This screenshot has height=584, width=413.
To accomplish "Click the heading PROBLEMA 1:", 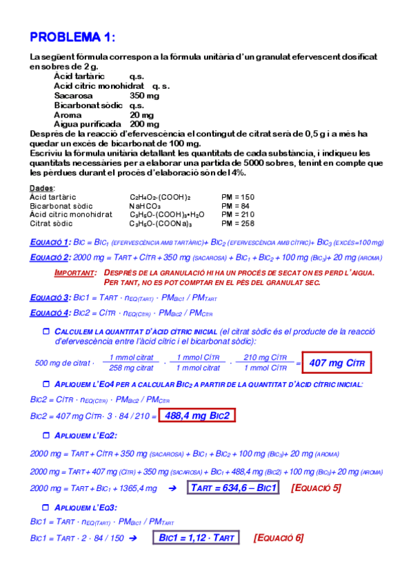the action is pyautogui.click(x=73, y=36).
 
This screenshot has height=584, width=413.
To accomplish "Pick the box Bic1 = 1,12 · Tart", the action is pyautogui.click(x=196, y=537).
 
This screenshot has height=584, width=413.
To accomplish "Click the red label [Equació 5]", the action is pyautogui.click(x=315, y=488).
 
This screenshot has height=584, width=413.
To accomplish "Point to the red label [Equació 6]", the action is pyautogui.click(x=278, y=537).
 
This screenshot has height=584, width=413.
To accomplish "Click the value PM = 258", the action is pyautogui.click(x=238, y=223).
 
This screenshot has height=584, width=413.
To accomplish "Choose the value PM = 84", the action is pyautogui.click(x=235, y=205).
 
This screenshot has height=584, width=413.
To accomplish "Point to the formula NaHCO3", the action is pyautogui.click(x=144, y=205).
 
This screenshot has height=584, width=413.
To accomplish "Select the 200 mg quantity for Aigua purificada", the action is pyautogui.click(x=144, y=124).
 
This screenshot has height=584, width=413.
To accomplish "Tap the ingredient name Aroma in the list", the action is pyautogui.click(x=68, y=114).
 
